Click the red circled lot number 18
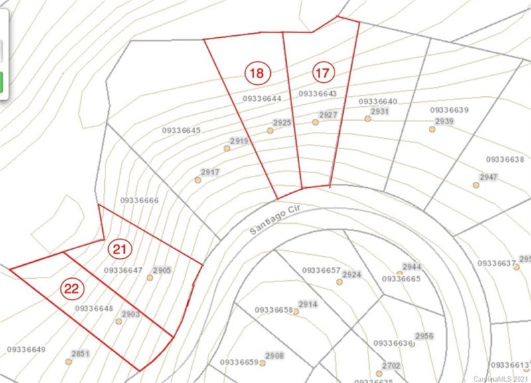(256, 72)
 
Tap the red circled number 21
(119, 250)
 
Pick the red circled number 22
(72, 288)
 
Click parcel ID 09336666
(139, 200)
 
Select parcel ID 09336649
(26, 350)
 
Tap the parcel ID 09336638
(505, 159)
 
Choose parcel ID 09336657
(321, 271)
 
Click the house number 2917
(210, 173)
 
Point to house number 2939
(444, 121)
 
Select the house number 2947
(488, 177)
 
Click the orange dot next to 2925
(270, 131)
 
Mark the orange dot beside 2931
(367, 119)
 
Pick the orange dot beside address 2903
(119, 321)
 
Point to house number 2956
(423, 337)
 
